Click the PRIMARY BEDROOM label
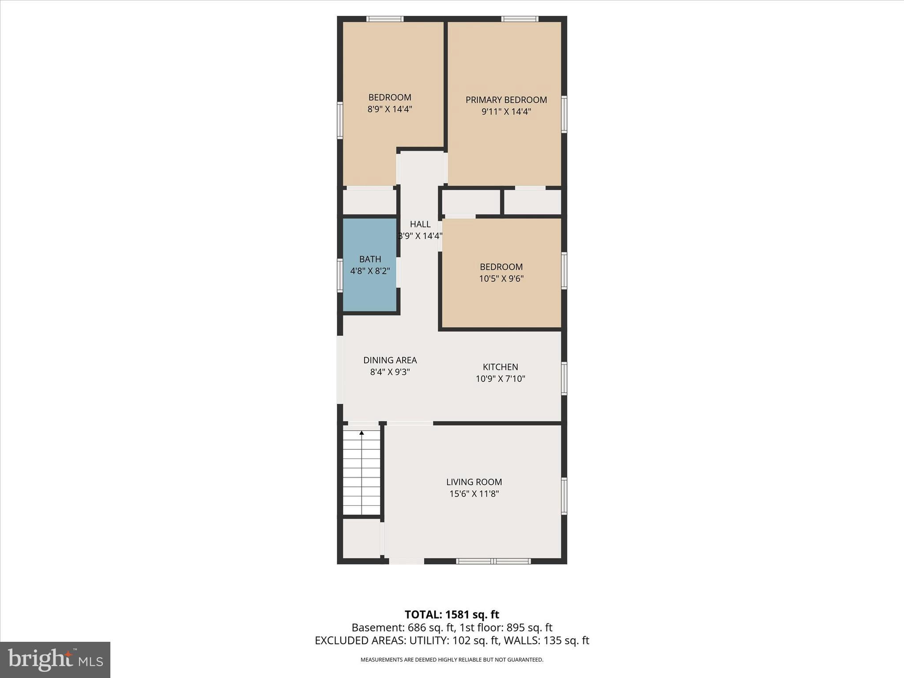506,100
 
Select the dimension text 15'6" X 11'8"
474,494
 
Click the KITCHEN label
500,367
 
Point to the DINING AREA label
390,360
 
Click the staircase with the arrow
362,472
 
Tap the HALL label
420,224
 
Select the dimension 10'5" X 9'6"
501,279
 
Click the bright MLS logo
55,660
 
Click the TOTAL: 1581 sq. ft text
452,614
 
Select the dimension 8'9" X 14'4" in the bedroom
390,109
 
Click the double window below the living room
493,561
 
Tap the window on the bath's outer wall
340,275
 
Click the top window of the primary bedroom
520,19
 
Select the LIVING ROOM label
474,482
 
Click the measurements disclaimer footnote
452,660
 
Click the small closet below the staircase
362,538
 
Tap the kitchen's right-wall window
564,378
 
